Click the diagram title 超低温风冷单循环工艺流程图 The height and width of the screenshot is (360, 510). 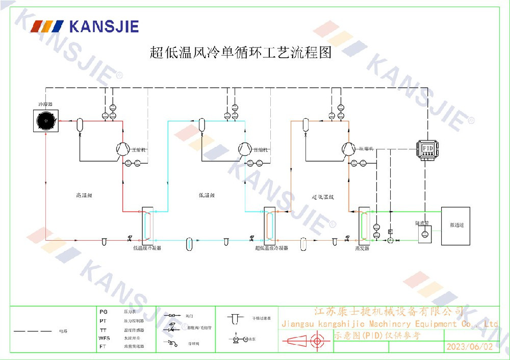[241, 52]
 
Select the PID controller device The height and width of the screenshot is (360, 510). [427, 148]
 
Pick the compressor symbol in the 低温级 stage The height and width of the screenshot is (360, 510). [245, 148]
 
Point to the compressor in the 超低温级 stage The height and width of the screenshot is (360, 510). [348, 148]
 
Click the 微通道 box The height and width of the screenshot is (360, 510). [455, 225]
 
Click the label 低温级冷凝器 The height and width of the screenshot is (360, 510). [147, 248]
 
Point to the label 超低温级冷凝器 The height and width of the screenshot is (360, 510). [271, 248]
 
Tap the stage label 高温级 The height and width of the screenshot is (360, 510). [83, 195]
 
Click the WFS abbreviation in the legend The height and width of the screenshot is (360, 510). [104, 338]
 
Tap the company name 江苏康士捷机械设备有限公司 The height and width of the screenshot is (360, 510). [389, 311]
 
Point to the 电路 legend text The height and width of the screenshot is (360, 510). [63, 331]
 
